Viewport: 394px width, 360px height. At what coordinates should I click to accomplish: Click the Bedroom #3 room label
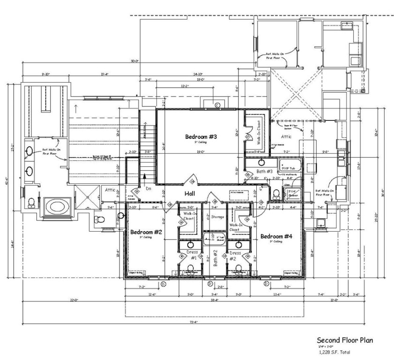coord(201,137)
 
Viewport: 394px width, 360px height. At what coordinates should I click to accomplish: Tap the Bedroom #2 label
coord(146,232)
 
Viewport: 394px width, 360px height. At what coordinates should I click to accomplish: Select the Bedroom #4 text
coord(276,236)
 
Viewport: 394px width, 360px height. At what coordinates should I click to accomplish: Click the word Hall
coord(190,194)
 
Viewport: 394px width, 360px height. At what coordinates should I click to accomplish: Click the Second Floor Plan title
coord(345,340)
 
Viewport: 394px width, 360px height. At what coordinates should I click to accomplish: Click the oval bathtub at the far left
coord(57,206)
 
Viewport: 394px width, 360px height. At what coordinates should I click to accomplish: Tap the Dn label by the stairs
coord(148,188)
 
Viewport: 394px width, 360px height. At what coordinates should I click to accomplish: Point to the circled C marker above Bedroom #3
coord(217,105)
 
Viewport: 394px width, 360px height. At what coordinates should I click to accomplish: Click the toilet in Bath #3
coord(277,193)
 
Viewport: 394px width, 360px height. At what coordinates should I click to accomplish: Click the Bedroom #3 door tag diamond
coord(191,180)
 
